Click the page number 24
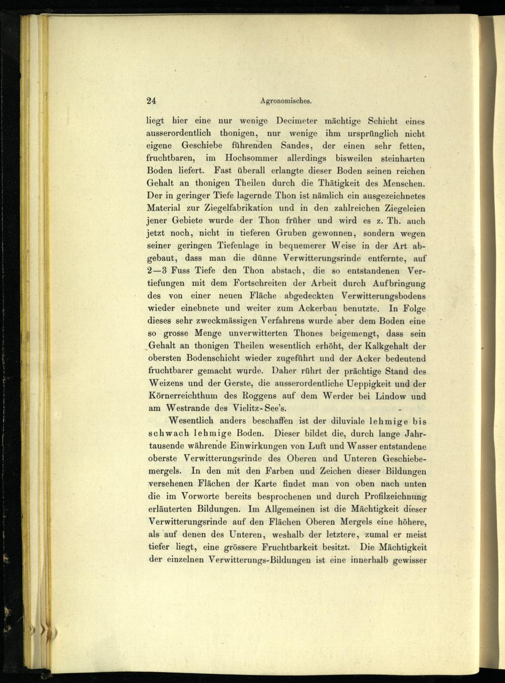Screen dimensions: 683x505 click(151, 100)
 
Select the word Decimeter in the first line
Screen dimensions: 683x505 click(297, 121)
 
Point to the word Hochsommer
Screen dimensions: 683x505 click(251, 159)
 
